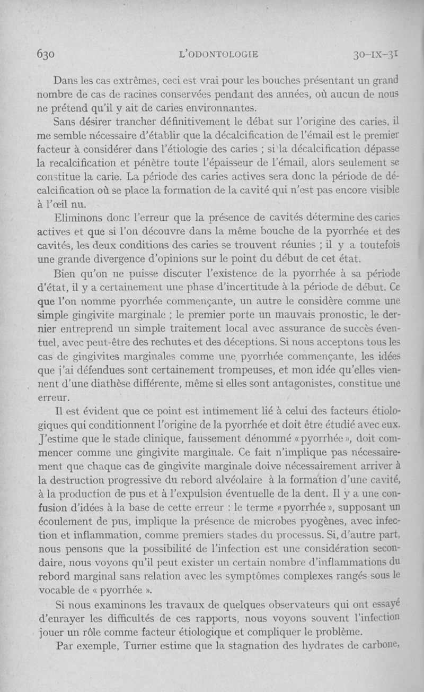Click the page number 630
point(48,54)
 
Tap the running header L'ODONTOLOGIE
point(219,54)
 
